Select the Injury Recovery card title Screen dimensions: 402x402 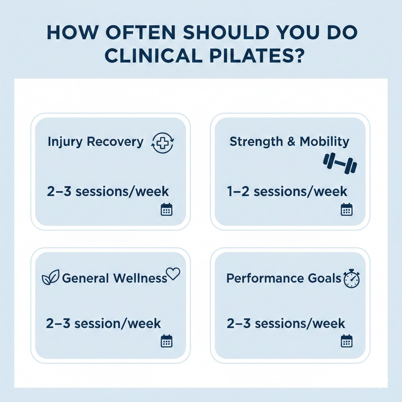(96, 142)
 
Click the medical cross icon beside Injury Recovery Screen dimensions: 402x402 (163, 143)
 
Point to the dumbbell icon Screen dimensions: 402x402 (340, 163)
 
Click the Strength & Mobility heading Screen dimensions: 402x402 (289, 141)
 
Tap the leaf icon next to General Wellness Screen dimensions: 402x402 (51, 277)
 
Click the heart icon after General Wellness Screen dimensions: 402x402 (173, 274)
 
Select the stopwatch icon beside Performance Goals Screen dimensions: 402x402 (351, 278)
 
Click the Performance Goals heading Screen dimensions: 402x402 (284, 278)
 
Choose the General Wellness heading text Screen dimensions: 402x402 (114, 278)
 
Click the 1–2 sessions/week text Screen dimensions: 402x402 (287, 192)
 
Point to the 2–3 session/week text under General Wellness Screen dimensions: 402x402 (103, 323)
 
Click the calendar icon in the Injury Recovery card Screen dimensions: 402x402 (166, 210)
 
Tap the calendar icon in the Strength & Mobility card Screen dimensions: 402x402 (347, 210)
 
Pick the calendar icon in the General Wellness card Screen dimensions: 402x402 (166, 341)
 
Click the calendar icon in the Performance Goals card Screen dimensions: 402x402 (347, 341)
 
